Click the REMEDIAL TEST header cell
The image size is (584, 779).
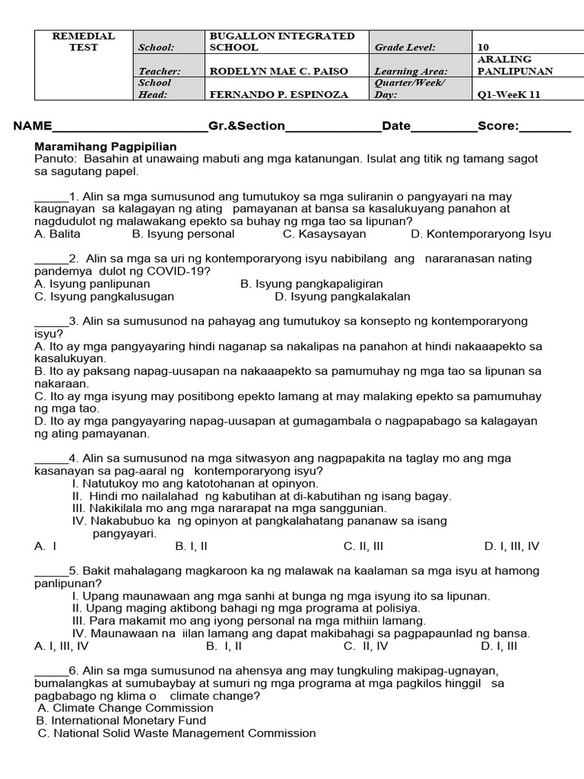(83, 41)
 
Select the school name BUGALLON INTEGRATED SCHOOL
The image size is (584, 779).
(281, 41)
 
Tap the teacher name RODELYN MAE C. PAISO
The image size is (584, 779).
(278, 71)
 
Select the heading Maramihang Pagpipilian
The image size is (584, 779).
(106, 146)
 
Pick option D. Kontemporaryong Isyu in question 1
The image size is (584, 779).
(481, 234)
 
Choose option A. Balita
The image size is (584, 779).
(57, 234)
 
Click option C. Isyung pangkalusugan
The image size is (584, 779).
(104, 296)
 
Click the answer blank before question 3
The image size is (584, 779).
(51, 321)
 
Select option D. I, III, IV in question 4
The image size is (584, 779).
(511, 545)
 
